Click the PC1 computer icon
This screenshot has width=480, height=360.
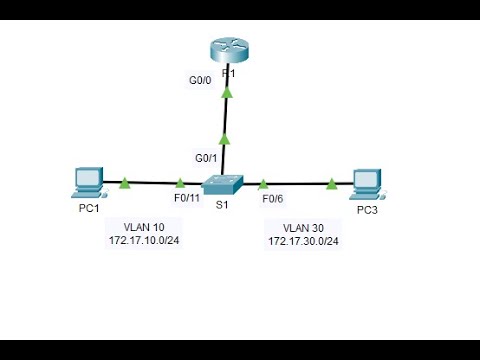tap(87, 183)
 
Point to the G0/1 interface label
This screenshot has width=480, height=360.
tap(206, 158)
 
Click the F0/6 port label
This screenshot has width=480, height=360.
tap(273, 200)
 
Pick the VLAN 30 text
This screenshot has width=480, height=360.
tap(302, 228)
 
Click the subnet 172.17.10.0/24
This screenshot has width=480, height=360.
tap(143, 241)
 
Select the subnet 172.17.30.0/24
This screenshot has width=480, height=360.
tap(303, 242)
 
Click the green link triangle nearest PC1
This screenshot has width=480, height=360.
tap(126, 183)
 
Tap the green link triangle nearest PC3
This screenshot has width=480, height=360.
tap(331, 184)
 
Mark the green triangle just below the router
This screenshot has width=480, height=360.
tap(227, 93)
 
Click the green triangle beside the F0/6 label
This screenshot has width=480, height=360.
tap(263, 184)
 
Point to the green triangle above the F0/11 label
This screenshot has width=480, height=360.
tap(180, 184)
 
